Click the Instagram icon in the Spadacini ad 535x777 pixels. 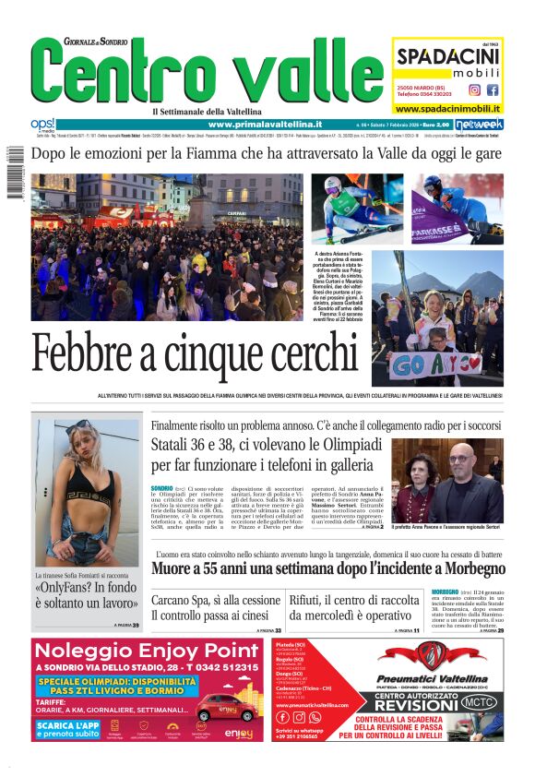click(474, 90)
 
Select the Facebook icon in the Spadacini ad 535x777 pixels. click(493, 90)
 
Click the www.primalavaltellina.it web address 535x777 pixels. click(265, 125)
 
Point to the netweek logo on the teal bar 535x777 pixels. click(480, 125)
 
